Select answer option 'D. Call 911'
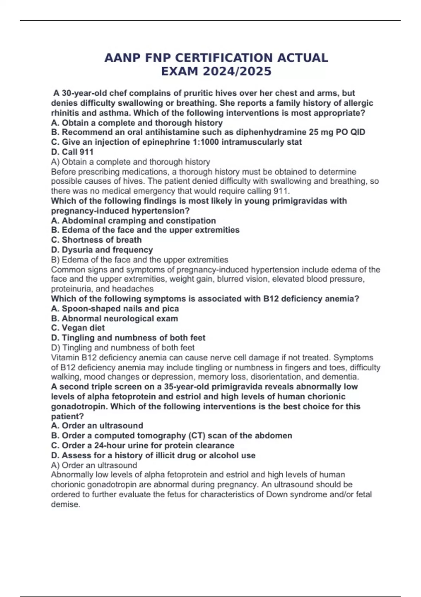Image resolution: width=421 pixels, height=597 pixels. [72, 152]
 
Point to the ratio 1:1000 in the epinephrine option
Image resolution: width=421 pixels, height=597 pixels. [202, 142]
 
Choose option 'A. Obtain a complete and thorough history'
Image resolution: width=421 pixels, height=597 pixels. [137, 123]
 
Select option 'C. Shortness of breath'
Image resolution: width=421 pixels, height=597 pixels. [96, 240]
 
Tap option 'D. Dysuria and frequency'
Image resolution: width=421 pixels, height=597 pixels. [102, 250]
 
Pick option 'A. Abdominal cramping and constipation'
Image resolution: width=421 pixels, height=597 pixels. [134, 221]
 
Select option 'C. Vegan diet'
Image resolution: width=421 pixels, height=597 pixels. [78, 328]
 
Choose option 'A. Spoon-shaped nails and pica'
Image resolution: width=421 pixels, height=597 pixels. [115, 309]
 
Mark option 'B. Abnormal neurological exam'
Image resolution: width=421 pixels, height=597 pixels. [115, 319]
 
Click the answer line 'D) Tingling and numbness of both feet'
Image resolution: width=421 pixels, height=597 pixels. [123, 348]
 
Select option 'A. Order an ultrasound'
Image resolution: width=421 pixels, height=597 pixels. [97, 426]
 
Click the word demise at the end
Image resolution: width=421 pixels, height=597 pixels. [65, 505]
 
